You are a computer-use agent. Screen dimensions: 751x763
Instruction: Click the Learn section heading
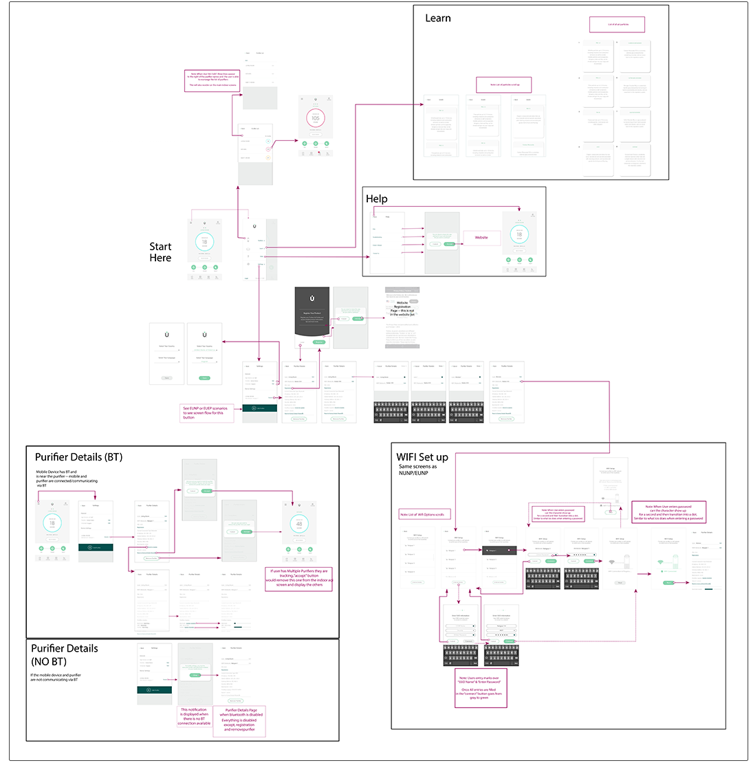pyautogui.click(x=438, y=18)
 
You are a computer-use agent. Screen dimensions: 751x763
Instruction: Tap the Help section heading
pyautogui.click(x=376, y=199)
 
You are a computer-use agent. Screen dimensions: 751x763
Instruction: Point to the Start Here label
pyautogui.click(x=160, y=252)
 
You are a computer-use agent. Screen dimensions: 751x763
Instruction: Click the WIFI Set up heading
pyautogui.click(x=422, y=457)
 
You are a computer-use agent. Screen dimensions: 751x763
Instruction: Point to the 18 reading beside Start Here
pyautogui.click(x=204, y=242)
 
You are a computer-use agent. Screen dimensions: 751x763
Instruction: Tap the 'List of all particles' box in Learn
pyautogui.click(x=617, y=25)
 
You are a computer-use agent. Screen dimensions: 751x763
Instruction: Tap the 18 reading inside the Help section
pyautogui.click(x=520, y=235)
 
